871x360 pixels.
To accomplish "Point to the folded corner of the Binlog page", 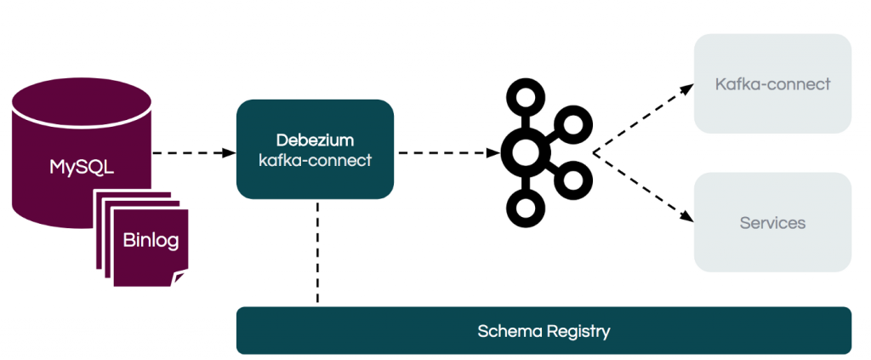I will (x=180, y=278).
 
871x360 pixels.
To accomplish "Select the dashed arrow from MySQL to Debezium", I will (x=191, y=153).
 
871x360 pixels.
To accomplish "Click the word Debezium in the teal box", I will (x=315, y=139).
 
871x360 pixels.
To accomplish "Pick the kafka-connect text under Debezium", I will (x=315, y=159).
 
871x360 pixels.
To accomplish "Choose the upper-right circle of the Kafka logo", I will (x=573, y=125).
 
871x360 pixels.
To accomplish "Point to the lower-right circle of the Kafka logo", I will (x=573, y=180).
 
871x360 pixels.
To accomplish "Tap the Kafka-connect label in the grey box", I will (x=772, y=84).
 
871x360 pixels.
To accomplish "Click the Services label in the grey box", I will (x=772, y=223).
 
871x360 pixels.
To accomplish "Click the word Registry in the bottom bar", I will (x=578, y=330).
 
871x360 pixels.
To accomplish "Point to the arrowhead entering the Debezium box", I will (x=230, y=153).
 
